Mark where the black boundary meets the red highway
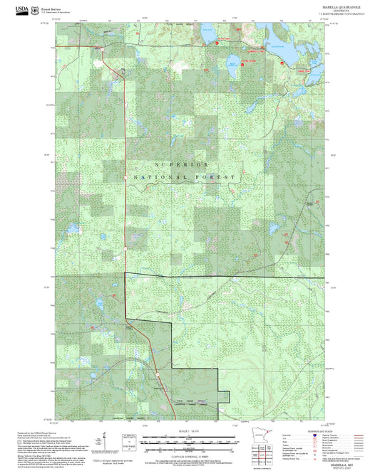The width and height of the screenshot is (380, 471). (125, 273)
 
